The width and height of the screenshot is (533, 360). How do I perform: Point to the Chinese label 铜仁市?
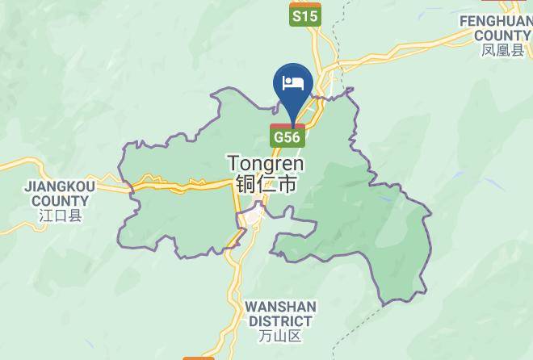point(265,184)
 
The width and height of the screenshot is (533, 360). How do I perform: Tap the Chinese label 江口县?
point(60,216)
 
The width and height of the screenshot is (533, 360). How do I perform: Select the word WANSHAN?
point(280,307)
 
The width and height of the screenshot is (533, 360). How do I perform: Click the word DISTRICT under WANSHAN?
point(280,321)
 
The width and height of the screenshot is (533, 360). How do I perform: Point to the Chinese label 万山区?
point(281,336)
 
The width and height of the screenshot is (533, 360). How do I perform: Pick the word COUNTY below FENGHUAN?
point(502,36)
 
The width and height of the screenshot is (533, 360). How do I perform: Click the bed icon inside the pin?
point(292,82)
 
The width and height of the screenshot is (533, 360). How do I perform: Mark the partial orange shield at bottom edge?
point(198,357)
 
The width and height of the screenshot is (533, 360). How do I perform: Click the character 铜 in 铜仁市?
point(246,184)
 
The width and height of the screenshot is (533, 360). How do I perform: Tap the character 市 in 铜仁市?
point(285,184)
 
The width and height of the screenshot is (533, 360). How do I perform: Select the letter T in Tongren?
point(233,163)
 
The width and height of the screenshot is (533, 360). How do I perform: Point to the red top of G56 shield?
point(287,127)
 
